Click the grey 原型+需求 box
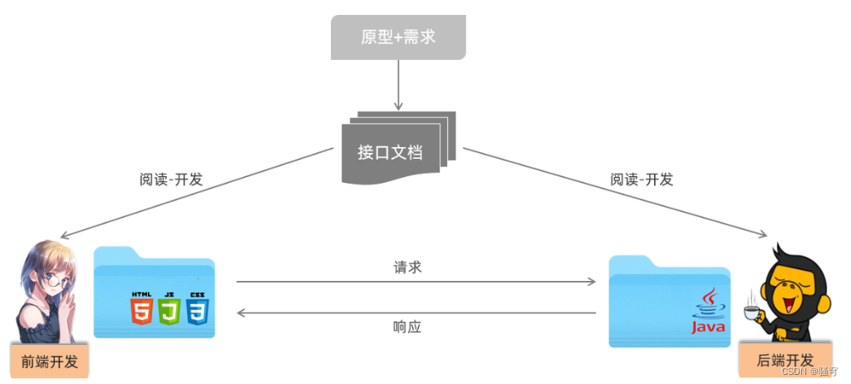398,37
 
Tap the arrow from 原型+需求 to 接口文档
398,86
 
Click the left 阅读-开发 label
171,179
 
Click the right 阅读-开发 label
642,179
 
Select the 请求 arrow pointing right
416,282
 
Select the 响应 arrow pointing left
416,313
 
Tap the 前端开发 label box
49,362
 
